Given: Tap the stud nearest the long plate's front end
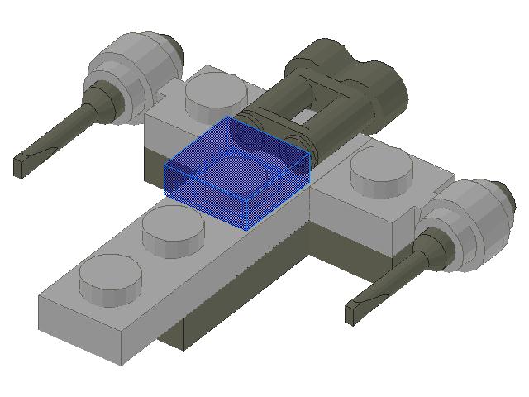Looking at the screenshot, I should tap(110, 277).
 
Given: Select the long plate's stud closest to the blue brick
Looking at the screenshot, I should tap(173, 231).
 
